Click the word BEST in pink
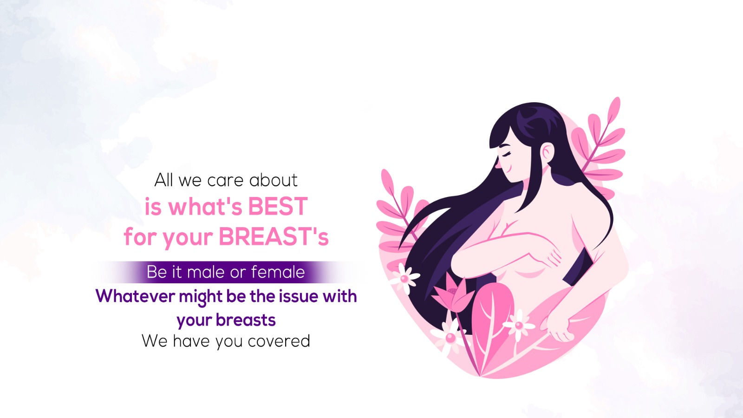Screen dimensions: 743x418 (x=278, y=206)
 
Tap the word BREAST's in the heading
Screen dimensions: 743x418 (x=274, y=236)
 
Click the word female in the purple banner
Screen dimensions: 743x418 (x=278, y=272)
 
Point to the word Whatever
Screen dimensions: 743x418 (x=135, y=296)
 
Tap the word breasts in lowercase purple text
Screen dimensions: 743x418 (x=246, y=320)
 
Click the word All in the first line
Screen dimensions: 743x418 (x=164, y=180)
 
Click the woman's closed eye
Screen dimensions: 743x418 (x=506, y=155)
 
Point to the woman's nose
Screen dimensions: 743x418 (x=498, y=163)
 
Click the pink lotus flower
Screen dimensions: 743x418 (x=452, y=293)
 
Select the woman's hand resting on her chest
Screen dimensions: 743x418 (x=544, y=254)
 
